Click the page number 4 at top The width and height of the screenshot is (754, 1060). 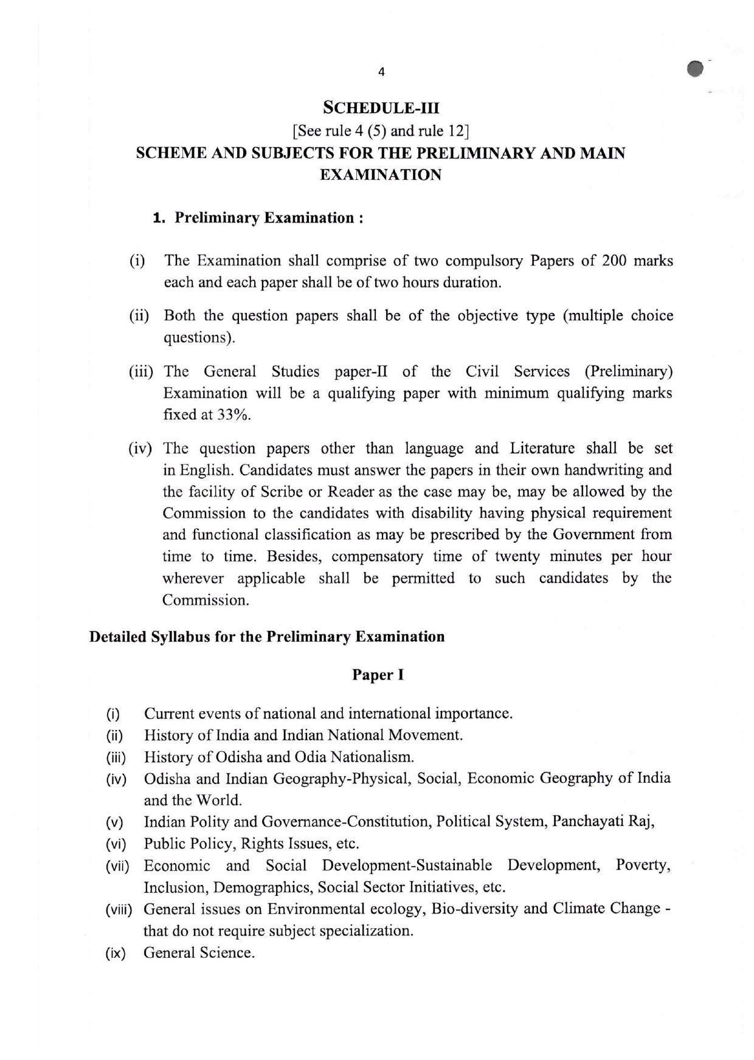(x=381, y=72)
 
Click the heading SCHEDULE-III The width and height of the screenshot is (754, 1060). (x=381, y=108)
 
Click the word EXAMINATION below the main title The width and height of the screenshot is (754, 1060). (x=381, y=175)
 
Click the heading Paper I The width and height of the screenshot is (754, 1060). (x=378, y=675)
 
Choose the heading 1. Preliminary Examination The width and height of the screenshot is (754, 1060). (x=258, y=218)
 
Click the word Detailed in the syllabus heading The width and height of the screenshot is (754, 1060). (x=118, y=637)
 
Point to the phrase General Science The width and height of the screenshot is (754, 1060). (x=199, y=952)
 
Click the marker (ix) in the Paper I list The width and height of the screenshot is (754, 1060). (x=116, y=953)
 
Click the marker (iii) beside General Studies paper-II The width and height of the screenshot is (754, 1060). (x=140, y=371)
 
